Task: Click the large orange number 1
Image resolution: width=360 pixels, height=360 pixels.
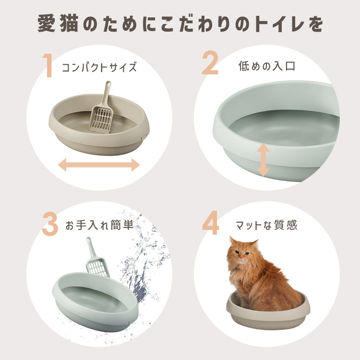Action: click(48, 65)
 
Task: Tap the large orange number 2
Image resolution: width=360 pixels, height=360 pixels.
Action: click(210, 64)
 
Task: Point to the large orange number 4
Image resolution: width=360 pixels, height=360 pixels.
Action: click(211, 223)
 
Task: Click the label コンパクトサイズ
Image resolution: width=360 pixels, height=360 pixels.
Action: click(99, 67)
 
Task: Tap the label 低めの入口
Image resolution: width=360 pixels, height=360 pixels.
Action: click(266, 66)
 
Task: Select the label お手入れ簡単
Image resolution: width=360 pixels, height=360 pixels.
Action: click(99, 225)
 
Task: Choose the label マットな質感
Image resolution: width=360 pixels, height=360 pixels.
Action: click(266, 225)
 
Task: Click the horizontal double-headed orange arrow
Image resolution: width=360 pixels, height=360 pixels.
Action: click(99, 165)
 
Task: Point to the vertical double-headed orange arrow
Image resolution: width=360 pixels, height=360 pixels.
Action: click(263, 160)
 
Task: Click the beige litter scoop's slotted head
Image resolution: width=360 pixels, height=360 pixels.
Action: click(101, 119)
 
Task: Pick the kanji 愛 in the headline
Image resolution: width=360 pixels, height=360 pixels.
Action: click(47, 24)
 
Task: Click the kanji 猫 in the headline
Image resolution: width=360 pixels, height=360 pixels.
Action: click(69, 24)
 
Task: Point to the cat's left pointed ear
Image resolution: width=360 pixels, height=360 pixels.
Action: click(233, 241)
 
